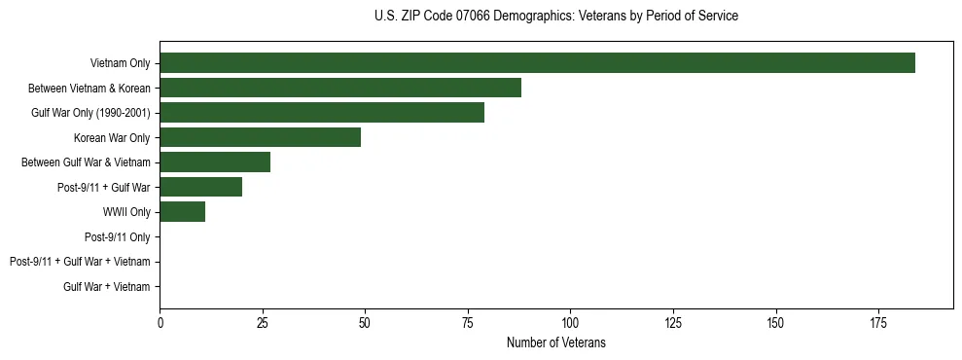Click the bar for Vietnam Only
point(537,63)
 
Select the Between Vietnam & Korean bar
point(340,88)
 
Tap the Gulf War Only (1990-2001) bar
point(322,113)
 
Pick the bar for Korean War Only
point(260,137)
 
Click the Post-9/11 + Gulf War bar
point(200,187)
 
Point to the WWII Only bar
point(182,212)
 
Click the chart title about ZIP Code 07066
point(555,17)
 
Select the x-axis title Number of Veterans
point(555,342)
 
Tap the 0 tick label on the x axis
point(160,322)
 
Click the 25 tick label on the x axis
point(262,322)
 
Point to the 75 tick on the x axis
point(467,322)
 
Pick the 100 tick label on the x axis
point(570,322)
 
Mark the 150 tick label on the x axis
point(775,322)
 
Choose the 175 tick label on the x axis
point(877,322)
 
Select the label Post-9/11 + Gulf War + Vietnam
point(80,262)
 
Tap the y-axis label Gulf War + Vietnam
point(106,286)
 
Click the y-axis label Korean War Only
point(112,137)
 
